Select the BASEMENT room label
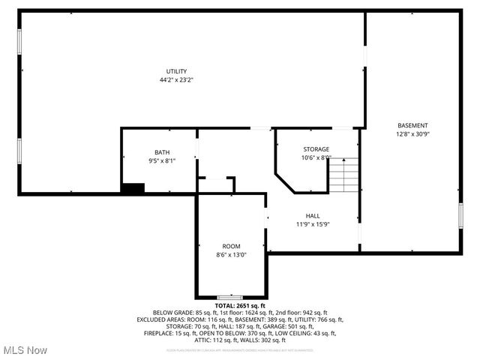point(412,125)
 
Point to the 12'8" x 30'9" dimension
point(412,133)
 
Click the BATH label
point(162,151)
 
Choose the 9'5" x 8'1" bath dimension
point(162,160)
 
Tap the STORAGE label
point(316,149)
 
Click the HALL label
point(313,215)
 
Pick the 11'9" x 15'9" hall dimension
point(313,223)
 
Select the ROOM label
point(231,246)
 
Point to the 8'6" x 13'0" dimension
point(231,254)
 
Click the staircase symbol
point(344,175)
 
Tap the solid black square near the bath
point(133,188)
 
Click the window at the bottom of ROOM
point(229,298)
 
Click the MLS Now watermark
point(25,350)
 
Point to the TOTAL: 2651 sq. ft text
point(240,306)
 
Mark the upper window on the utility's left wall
point(19,40)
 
